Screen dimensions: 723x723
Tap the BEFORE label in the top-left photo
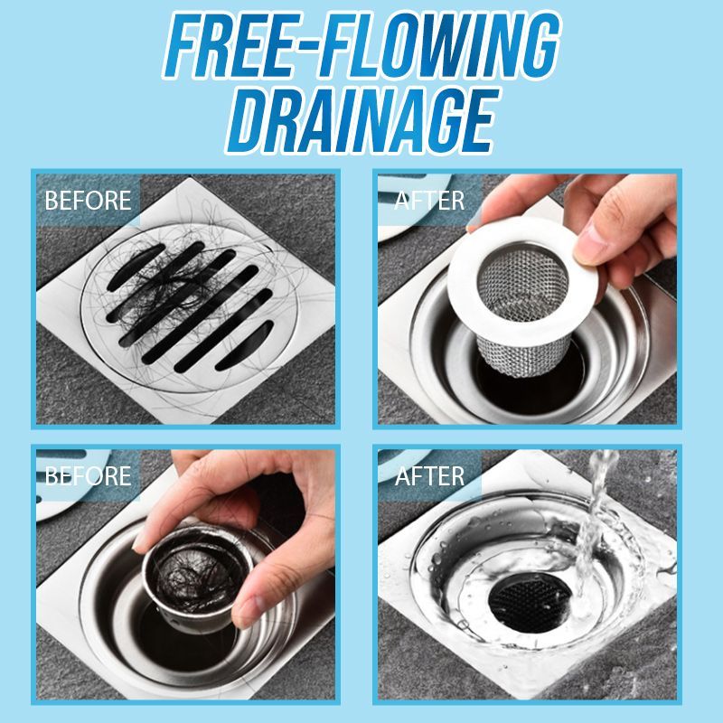pyautogui.click(x=87, y=199)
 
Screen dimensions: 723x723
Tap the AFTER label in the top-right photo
pyautogui.click(x=428, y=199)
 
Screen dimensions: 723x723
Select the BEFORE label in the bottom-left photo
pyautogui.click(x=87, y=475)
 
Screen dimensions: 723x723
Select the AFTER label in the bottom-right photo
pyautogui.click(x=428, y=475)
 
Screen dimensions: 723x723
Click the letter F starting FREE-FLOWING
pyautogui.click(x=185, y=45)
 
